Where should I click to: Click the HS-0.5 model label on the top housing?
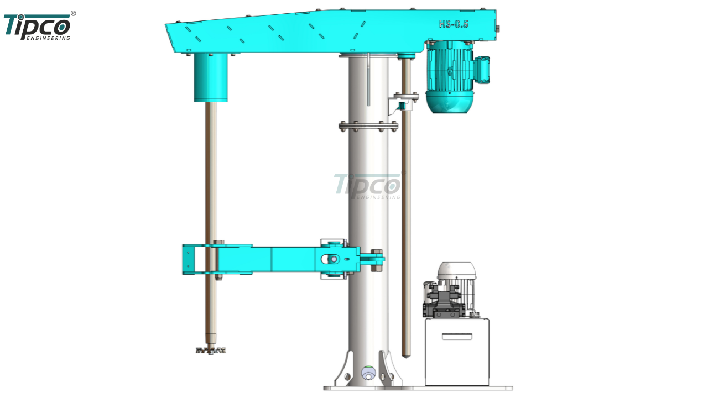(x=454, y=24)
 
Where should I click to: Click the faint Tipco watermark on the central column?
(x=369, y=186)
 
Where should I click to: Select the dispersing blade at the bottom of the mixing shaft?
(x=211, y=350)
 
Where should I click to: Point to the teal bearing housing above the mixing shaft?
(x=211, y=78)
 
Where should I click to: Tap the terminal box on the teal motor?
(x=482, y=70)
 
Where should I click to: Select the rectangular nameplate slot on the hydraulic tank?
(x=457, y=337)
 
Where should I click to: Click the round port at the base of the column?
(x=368, y=373)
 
